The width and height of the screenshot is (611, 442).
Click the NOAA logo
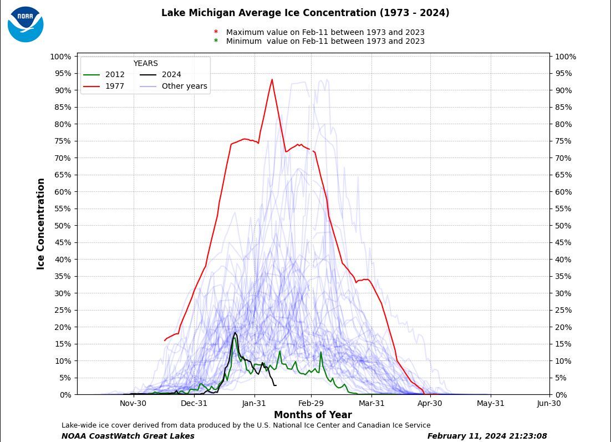coord(26,24)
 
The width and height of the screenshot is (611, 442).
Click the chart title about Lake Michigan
coord(305,13)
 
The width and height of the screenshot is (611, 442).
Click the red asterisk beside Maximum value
coord(216,32)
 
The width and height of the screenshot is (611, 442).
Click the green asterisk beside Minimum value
coord(216,41)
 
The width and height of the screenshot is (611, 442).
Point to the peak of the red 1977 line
coord(272,79)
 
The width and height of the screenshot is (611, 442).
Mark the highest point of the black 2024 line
coord(235,333)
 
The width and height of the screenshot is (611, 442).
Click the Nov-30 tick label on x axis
coord(133,403)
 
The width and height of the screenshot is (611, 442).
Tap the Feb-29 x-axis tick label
coord(311,403)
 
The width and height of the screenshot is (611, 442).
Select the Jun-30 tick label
coord(549,403)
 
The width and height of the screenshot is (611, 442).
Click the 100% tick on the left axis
coord(60,57)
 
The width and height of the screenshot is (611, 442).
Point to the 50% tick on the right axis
coord(566,226)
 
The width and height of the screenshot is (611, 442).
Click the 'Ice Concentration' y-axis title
coord(41,224)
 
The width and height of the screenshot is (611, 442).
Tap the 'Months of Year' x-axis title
coord(313,415)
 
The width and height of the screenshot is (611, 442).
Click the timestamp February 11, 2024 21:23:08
coord(487,436)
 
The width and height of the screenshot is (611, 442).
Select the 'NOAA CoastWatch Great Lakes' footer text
coord(128,436)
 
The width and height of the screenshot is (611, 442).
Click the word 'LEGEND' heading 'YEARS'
coord(145,64)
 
